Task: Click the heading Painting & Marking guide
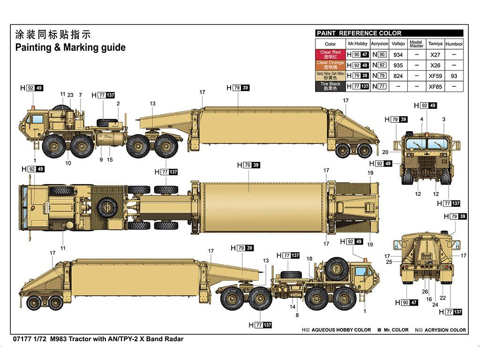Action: pyautogui.click(x=70, y=47)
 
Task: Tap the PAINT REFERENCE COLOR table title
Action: pyautogui.click(x=359, y=33)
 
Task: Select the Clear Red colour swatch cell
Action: pyautogui.click(x=330, y=54)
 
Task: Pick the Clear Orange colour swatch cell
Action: pyautogui.click(x=330, y=65)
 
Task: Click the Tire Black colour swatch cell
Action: pyautogui.click(x=330, y=86)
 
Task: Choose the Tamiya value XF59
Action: pyautogui.click(x=435, y=75)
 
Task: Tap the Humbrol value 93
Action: pyautogui.click(x=454, y=75)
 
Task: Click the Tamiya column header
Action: pyautogui.click(x=435, y=44)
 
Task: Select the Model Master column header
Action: pyautogui.click(x=416, y=44)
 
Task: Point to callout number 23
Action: pyautogui.click(x=70, y=95)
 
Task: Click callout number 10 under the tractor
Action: pyautogui.click(x=68, y=163)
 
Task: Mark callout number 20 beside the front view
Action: pyautogui.click(x=385, y=152)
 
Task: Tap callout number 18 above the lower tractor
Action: pyautogui.click(x=309, y=259)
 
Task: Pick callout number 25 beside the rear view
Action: pyautogui.click(x=389, y=262)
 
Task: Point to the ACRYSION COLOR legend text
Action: pyautogui.click(x=444, y=330)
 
